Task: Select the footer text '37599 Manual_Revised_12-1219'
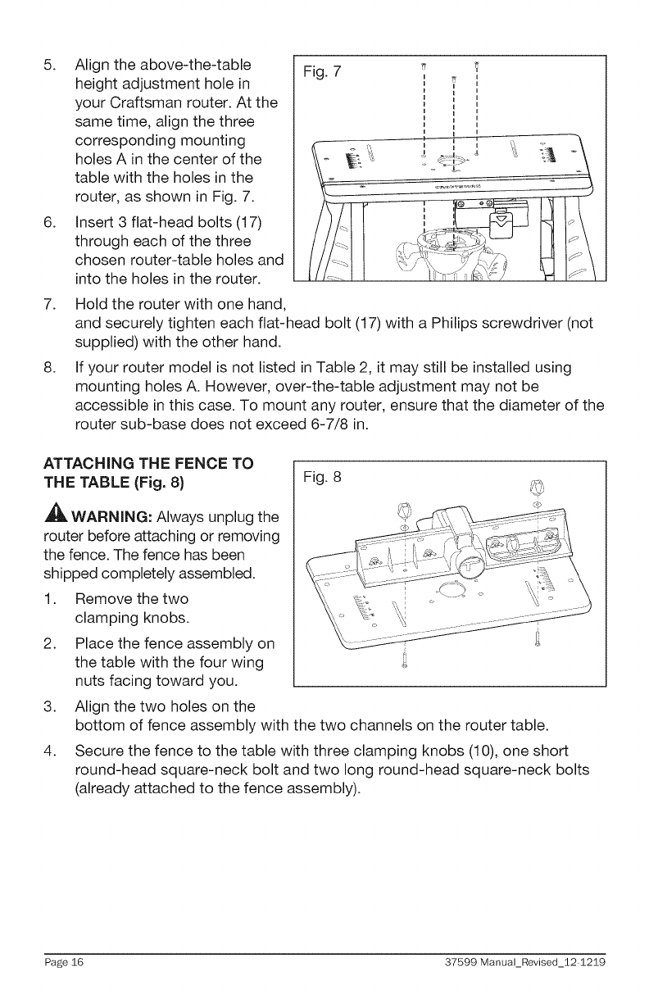542,960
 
